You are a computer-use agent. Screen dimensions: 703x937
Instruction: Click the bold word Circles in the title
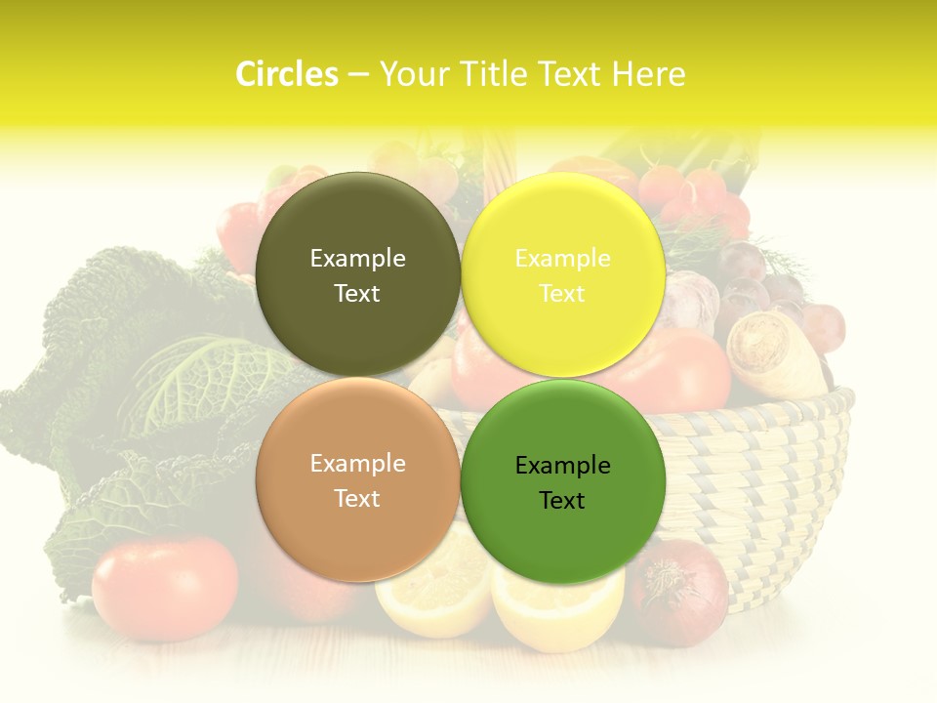[x=287, y=74]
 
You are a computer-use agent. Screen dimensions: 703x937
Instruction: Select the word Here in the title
[x=648, y=74]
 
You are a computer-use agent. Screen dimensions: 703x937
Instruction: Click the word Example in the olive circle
[x=357, y=259]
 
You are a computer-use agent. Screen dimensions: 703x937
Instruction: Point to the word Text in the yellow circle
[x=562, y=294]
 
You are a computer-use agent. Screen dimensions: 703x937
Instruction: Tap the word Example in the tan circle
[x=357, y=464]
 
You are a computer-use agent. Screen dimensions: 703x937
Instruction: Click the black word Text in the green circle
[x=562, y=501]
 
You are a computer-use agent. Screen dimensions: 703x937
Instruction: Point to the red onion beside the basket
[x=679, y=592]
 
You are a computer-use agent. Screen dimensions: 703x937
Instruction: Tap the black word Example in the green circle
[x=562, y=466]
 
